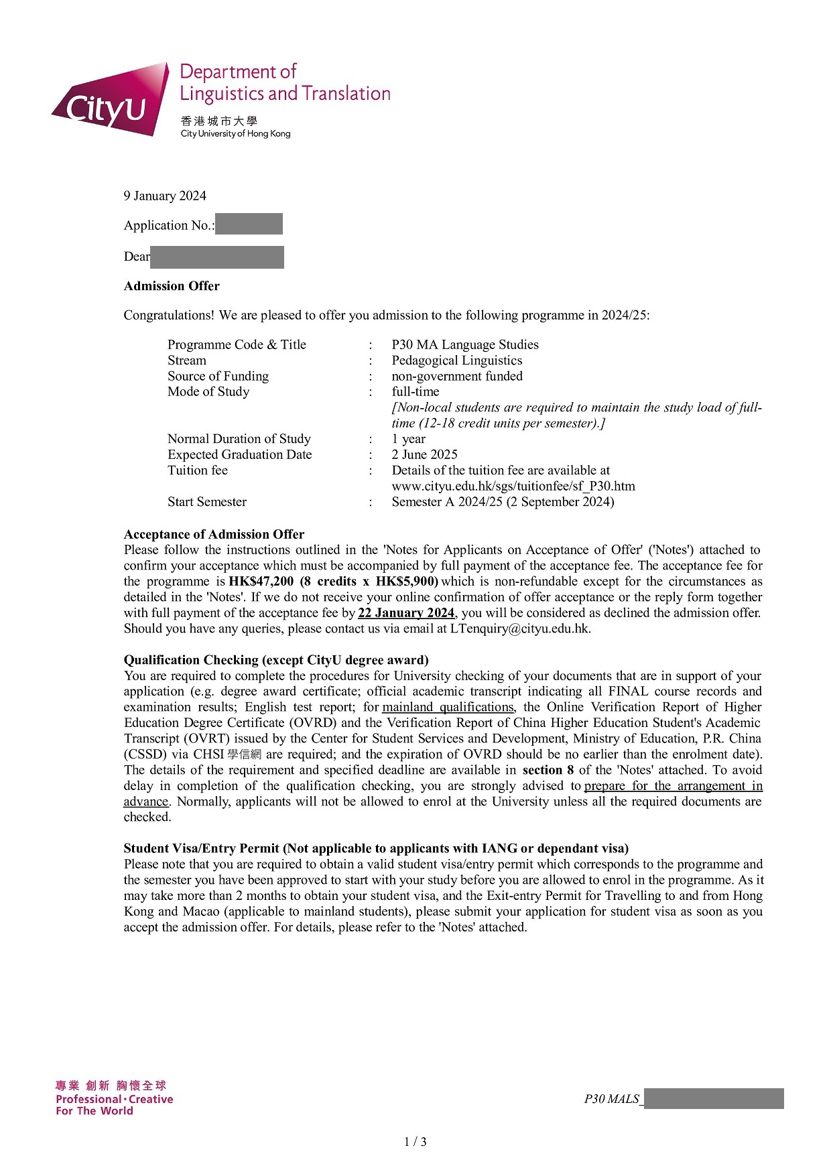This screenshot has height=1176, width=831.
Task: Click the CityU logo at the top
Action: [111, 101]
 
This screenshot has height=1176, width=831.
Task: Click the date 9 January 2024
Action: [165, 196]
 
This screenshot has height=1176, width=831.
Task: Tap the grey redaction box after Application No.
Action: [249, 224]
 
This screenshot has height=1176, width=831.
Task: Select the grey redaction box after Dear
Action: [217, 257]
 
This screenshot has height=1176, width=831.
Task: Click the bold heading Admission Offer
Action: [172, 286]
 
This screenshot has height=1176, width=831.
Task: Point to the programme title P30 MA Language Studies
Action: [465, 344]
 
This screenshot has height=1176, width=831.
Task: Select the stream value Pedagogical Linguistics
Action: [457, 361]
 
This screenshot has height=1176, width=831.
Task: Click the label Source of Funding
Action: [218, 376]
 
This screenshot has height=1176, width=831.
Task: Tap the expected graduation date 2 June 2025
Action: [425, 454]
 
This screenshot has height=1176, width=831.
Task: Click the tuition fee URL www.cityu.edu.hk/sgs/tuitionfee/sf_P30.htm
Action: [513, 486]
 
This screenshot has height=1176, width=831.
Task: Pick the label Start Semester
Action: [207, 502]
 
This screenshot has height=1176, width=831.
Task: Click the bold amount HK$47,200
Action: [261, 581]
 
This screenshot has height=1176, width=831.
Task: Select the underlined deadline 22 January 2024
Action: [406, 612]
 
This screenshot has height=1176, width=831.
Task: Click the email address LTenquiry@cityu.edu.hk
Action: [519, 629]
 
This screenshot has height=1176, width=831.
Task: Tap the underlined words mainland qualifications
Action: [448, 707]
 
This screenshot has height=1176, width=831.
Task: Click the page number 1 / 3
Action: [415, 1142]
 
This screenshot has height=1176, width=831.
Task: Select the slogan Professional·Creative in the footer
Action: [114, 1099]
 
